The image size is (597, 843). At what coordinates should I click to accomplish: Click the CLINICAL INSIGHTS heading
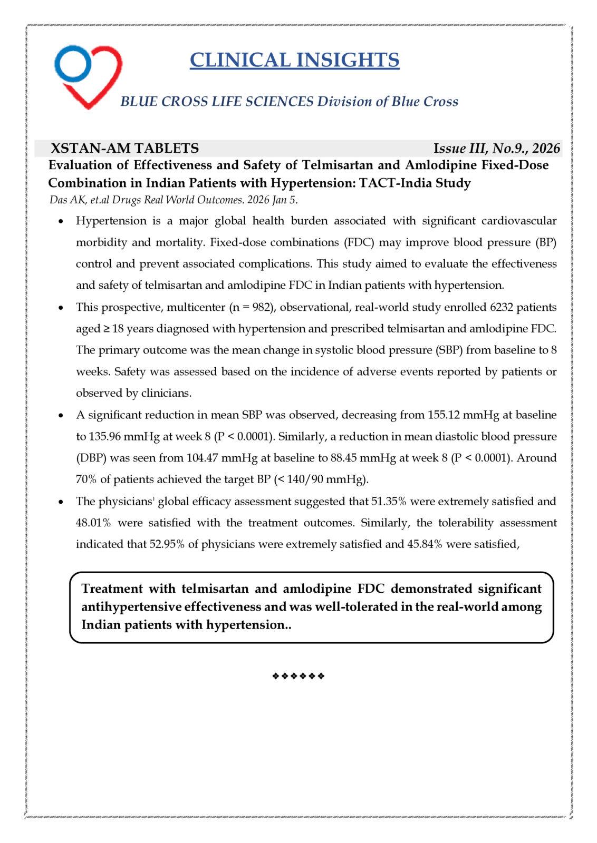[x=294, y=60]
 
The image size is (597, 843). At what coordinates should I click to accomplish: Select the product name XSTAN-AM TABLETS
[x=124, y=148]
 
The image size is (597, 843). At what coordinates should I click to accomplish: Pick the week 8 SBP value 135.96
[x=105, y=437]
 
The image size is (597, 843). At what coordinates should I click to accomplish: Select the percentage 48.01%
[x=93, y=523]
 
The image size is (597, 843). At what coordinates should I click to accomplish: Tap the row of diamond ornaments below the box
[x=298, y=676]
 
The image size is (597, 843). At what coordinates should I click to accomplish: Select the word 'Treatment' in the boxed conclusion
[x=112, y=589]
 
